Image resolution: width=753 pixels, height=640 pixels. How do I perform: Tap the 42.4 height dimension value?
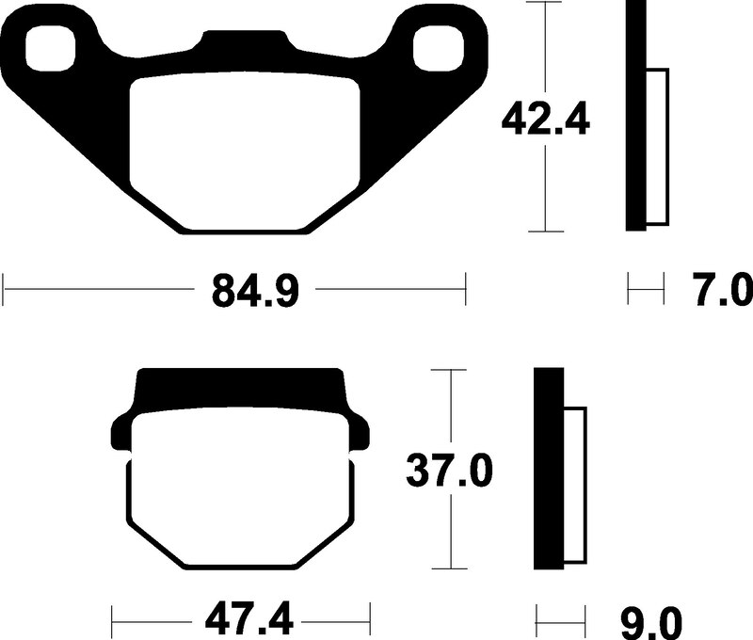tap(545, 120)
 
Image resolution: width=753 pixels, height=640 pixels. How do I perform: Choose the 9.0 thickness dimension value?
tap(652, 621)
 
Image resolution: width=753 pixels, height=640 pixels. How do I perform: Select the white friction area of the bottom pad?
tap(242, 489)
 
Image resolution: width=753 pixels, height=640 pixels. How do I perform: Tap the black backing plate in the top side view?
tap(636, 118)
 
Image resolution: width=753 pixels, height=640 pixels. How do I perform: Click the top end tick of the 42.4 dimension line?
tap(546, 4)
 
